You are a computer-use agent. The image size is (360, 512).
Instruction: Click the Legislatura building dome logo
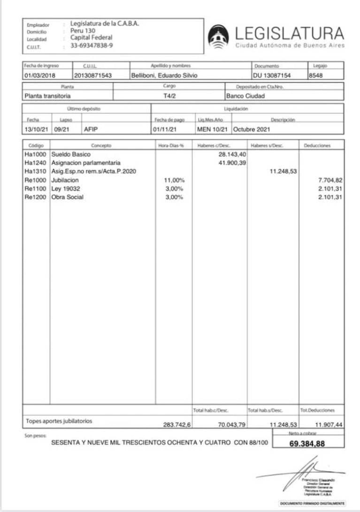pyautogui.click(x=219, y=37)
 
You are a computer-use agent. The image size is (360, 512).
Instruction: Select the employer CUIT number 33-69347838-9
pyautogui.click(x=92, y=46)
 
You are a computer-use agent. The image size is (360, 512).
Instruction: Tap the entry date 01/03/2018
pyautogui.click(x=40, y=75)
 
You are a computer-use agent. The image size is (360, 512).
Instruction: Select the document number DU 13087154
pyautogui.click(x=273, y=75)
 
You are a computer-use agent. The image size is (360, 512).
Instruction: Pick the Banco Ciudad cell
pyautogui.click(x=245, y=96)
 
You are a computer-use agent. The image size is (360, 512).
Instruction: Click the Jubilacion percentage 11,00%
pyautogui.click(x=174, y=180)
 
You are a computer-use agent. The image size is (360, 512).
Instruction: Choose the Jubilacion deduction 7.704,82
pyautogui.click(x=330, y=180)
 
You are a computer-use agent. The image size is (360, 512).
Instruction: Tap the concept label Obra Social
pyautogui.click(x=68, y=197)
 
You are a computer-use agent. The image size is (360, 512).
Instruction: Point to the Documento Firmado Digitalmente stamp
pyautogui.click(x=312, y=503)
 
